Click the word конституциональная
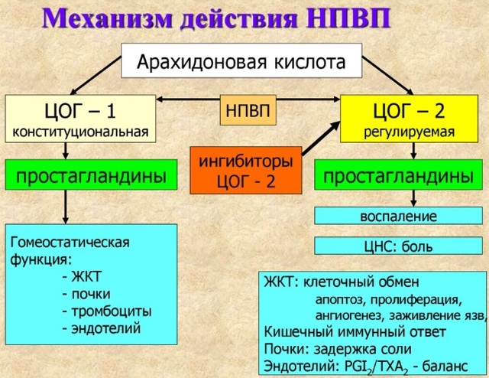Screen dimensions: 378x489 point(81,132)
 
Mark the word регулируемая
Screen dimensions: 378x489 point(410,132)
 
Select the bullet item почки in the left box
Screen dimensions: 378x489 point(89,294)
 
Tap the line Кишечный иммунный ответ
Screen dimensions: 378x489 point(355,331)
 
